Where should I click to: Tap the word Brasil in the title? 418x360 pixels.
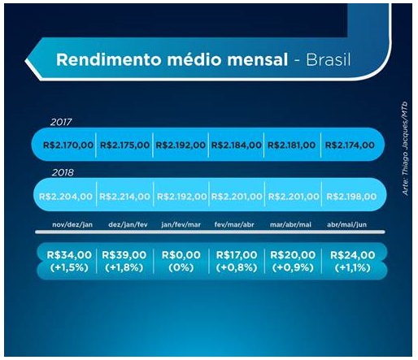tap(329, 59)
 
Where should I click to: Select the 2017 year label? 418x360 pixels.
tap(61, 122)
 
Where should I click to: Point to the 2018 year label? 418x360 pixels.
tap(63, 172)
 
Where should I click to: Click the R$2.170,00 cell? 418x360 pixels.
tap(68, 145)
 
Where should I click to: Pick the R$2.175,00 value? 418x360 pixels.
tap(124, 145)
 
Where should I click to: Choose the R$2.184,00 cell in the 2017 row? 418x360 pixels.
tap(236, 145)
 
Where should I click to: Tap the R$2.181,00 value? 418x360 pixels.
tap(291, 145)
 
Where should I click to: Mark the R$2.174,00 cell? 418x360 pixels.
tap(350, 145)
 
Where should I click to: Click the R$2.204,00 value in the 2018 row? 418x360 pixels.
tap(66, 196)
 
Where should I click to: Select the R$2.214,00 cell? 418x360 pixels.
tap(124, 196)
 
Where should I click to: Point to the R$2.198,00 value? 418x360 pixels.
tap(351, 196)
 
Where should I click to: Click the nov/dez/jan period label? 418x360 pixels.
tap(72, 224)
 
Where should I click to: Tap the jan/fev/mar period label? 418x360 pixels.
tap(181, 224)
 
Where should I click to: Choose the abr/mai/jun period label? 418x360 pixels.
tap(346, 224)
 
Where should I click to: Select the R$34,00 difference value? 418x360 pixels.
tap(69, 255)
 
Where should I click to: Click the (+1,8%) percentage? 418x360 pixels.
tap(124, 267)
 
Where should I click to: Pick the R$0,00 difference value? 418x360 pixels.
tap(181, 255)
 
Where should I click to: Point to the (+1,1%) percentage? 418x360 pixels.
tap(352, 267)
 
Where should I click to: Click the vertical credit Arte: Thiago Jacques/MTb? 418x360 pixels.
tap(405, 149)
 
